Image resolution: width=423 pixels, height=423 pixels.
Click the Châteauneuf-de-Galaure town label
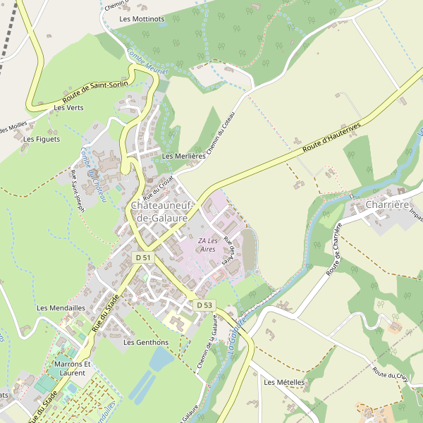pos(168,211)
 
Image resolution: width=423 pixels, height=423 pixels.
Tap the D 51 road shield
pos(143,258)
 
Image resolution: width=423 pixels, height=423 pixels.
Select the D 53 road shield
pos(204,305)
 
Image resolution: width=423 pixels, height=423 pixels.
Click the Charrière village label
pos(388,205)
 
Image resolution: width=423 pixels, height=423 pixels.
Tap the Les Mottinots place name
pos(142,19)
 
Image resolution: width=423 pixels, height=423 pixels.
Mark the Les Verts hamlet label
pos(68,108)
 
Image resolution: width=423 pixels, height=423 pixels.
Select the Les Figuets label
pos(42,139)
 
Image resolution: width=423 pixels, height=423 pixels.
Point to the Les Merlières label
pos(183,155)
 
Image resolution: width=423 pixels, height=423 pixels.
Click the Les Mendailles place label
pos(61,308)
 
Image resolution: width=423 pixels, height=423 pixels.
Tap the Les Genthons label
pos(146,342)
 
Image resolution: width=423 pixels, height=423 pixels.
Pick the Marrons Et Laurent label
pos(73,368)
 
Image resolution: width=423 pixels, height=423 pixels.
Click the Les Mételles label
pos(284,382)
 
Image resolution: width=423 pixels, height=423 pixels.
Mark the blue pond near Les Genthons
pos(160,360)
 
